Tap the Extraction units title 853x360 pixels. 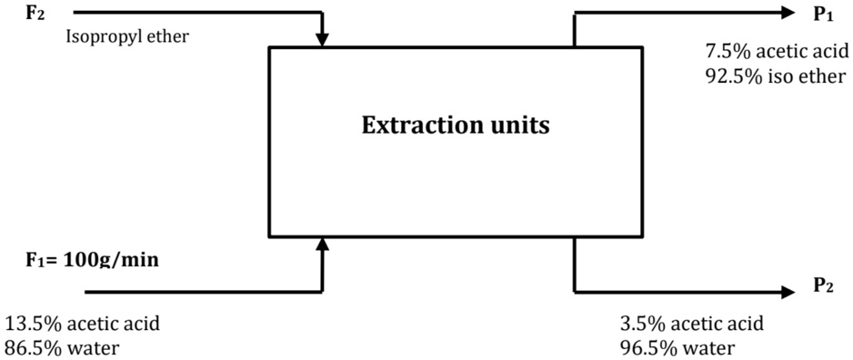[456, 125]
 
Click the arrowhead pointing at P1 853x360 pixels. [785, 13]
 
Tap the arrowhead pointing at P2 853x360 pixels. [785, 292]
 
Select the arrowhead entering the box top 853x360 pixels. [323, 40]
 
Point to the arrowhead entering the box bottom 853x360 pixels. [323, 244]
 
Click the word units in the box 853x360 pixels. [521, 125]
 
